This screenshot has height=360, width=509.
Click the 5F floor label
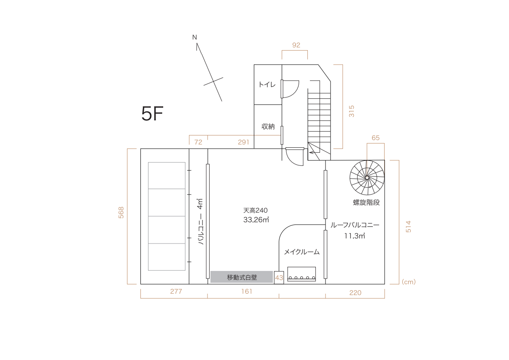[x=152, y=114]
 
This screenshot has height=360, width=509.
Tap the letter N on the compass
[x=194, y=38]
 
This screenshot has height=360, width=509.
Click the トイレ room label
[x=267, y=85]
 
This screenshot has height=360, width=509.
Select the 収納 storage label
[x=268, y=126]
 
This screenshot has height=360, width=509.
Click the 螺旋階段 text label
[x=366, y=203]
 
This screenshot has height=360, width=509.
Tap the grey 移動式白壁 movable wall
[x=242, y=277]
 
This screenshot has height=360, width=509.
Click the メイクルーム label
[x=302, y=252]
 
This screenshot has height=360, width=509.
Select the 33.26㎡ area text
[x=256, y=220]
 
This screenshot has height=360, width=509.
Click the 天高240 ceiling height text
[x=256, y=210]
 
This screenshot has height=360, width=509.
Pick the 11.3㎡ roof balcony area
[x=354, y=236]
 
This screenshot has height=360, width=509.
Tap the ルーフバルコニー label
[x=355, y=225]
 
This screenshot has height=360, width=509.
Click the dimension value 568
[x=121, y=212]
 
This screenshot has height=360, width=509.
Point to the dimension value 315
[x=352, y=111]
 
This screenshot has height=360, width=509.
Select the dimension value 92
[x=296, y=45]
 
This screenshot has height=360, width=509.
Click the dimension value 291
[x=243, y=142]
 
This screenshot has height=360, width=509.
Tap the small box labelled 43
[x=279, y=278]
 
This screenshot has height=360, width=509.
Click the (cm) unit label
[x=408, y=282]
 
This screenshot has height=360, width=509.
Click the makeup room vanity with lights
[x=302, y=274]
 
